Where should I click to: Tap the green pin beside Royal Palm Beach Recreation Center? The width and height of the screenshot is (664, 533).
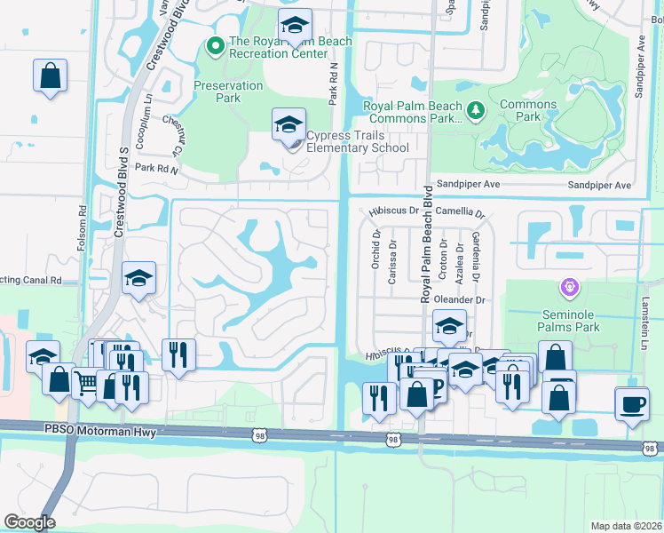tap(214, 45)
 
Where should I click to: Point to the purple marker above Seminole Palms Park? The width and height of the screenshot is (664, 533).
tap(569, 288)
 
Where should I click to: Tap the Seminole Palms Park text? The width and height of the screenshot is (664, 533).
tap(571, 321)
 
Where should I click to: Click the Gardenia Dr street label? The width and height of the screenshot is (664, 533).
tap(476, 252)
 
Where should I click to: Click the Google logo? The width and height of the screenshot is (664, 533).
tap(28, 522)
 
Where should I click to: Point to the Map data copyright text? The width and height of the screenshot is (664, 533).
tap(626, 526)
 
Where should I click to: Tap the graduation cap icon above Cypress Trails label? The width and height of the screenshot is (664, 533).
tap(289, 124)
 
